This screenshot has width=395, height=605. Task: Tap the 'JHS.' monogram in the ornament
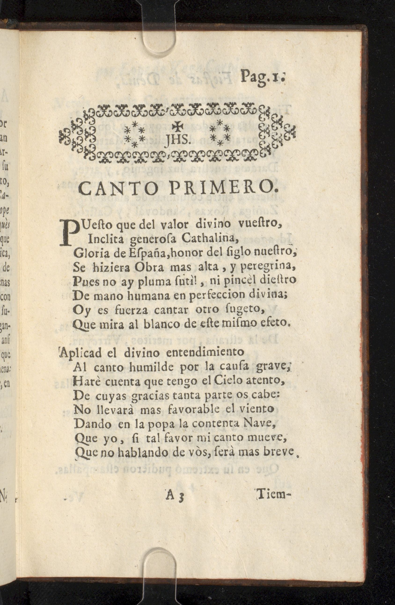tap(176, 139)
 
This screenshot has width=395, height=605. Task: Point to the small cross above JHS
tap(176, 125)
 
